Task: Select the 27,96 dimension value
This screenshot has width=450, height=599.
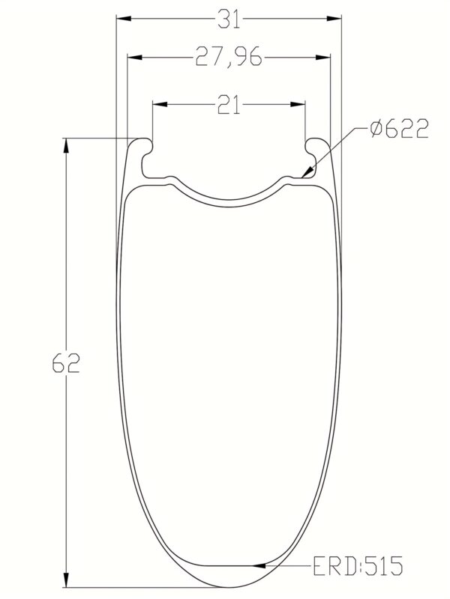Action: pos(229,58)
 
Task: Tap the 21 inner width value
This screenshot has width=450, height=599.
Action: pos(229,107)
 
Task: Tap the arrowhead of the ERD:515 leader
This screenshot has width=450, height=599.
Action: pos(259,565)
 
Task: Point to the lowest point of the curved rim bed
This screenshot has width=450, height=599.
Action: pos(229,200)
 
